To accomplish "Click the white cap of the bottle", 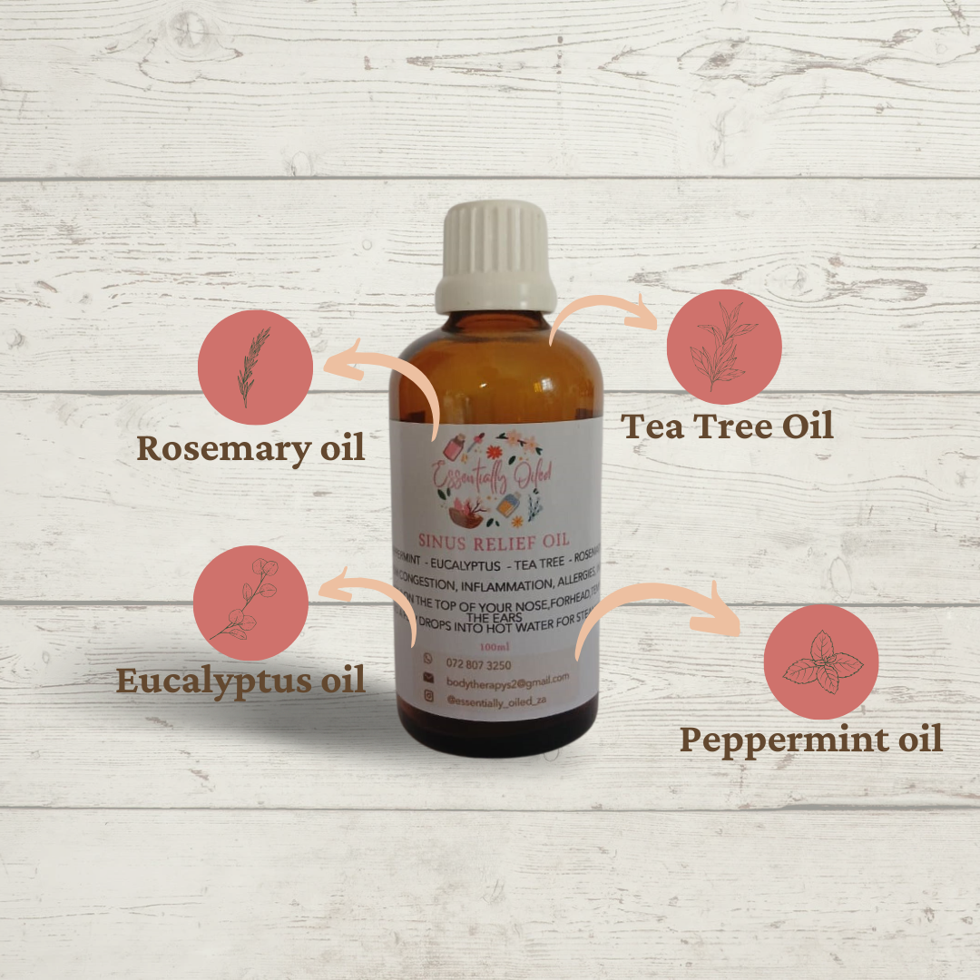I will [x=495, y=256].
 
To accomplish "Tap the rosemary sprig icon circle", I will [x=255, y=367].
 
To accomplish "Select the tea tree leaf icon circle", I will [x=723, y=347].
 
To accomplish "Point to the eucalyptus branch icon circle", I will [x=248, y=602].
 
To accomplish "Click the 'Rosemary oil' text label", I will [x=250, y=447].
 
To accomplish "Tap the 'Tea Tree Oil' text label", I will [x=727, y=426].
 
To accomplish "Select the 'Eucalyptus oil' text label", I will [x=240, y=680].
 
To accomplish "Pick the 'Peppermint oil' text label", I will [x=811, y=740].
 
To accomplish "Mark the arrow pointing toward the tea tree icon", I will [x=600, y=318].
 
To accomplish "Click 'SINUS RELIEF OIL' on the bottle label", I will [x=494, y=542].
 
